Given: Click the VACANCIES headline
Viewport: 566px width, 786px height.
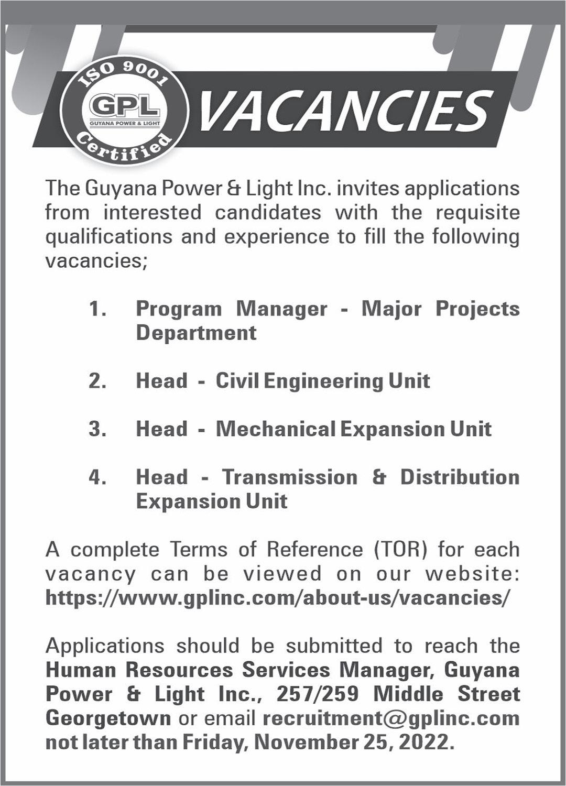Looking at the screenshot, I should [346, 112].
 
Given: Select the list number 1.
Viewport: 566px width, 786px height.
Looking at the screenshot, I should [97, 309].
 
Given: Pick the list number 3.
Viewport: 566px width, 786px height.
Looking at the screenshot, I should [97, 429].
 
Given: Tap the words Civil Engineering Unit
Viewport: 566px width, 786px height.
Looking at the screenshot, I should [322, 381].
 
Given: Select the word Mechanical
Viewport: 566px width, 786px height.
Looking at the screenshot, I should [276, 429].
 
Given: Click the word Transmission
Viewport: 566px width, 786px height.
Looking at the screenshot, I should [290, 477].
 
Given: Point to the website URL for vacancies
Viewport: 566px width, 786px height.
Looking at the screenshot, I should [277, 598].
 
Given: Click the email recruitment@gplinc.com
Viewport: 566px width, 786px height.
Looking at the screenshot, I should [391, 718].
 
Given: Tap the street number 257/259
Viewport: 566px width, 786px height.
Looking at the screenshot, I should [318, 694].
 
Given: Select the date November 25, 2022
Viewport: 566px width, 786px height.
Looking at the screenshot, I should [353, 742].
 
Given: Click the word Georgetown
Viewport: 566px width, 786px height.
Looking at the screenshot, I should [108, 718].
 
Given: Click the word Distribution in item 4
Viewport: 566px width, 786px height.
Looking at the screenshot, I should [460, 477].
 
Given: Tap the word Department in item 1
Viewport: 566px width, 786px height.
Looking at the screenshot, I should [196, 333].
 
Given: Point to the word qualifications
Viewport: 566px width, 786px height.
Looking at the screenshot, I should [108, 237].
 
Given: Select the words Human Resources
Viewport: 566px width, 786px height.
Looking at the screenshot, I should [139, 670].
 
